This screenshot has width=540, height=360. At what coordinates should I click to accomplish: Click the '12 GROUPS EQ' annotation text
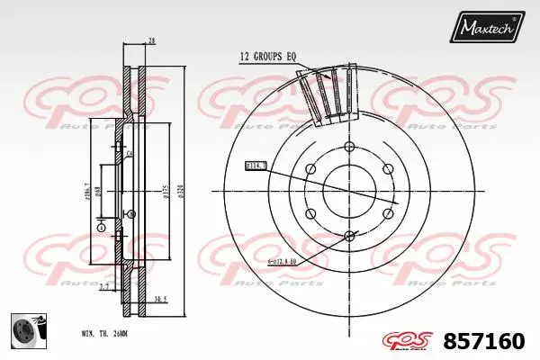(x=267, y=57)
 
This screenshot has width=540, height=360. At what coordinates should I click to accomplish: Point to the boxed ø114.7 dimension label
(x=256, y=166)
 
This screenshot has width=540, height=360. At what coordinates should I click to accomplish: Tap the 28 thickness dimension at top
(x=152, y=40)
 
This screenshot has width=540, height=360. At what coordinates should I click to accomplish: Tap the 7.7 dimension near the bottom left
(x=104, y=289)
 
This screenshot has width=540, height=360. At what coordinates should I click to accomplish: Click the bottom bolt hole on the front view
(x=349, y=236)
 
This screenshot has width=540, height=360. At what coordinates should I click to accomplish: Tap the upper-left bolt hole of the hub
(x=310, y=167)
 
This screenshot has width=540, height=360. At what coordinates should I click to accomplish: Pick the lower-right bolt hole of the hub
(x=389, y=213)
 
